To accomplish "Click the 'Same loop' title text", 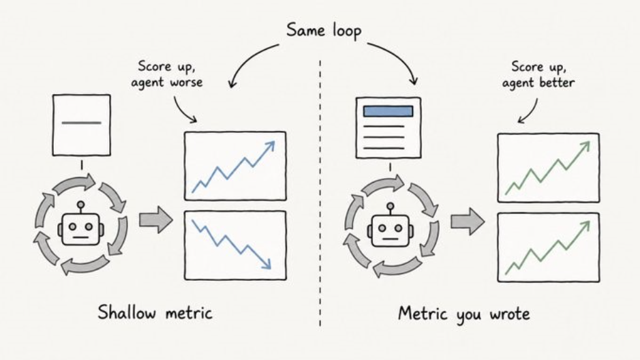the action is [x=324, y=31].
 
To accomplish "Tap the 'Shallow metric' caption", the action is [x=155, y=313].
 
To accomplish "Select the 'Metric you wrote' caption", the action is [x=463, y=314].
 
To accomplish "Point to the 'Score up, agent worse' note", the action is [x=166, y=74].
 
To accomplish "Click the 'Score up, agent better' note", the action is [x=538, y=75].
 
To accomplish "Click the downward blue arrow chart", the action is [x=235, y=245].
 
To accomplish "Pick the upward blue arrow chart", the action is [x=235, y=166].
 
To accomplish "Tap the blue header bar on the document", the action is [x=388, y=111].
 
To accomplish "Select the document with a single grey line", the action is [x=82, y=125].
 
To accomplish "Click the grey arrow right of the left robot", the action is [x=155, y=220].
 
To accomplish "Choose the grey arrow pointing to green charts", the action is [x=468, y=222].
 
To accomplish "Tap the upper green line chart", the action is [x=549, y=167].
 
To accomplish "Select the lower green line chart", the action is [x=549, y=247].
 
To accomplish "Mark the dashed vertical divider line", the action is [x=320, y=194].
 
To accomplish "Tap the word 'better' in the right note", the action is [x=557, y=83].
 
